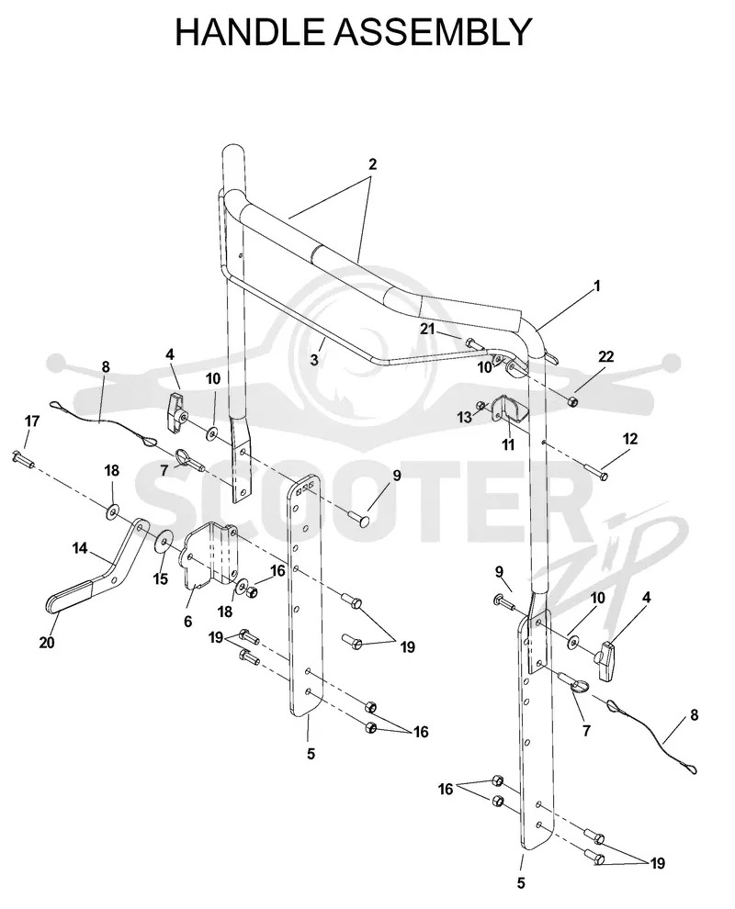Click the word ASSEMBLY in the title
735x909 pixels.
tap(433, 32)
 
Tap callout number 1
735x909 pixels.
tap(596, 286)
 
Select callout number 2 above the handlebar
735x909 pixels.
tap(372, 164)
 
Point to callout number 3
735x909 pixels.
tap(314, 359)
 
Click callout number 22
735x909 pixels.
tap(605, 356)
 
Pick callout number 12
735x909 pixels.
tap(630, 439)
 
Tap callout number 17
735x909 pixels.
tap(32, 421)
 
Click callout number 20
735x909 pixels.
tap(47, 643)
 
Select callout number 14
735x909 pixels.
tap(80, 548)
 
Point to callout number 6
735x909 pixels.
tap(188, 622)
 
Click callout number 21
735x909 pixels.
tap(427, 329)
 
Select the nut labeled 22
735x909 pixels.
tap(571, 402)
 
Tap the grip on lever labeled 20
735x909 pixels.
tap(69, 597)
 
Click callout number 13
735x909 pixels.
tap(465, 418)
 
